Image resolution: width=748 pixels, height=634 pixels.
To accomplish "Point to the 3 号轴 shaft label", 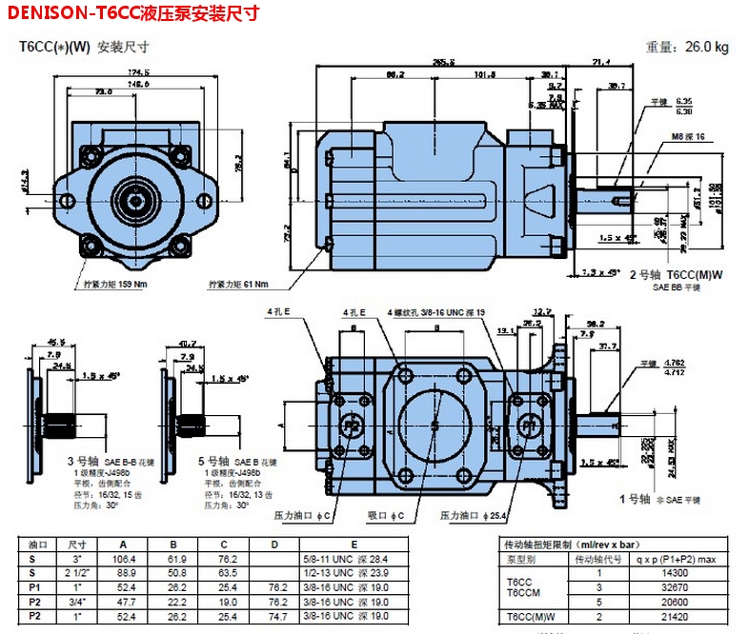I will (81, 461).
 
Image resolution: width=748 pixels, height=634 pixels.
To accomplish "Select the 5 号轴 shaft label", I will (212, 461).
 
